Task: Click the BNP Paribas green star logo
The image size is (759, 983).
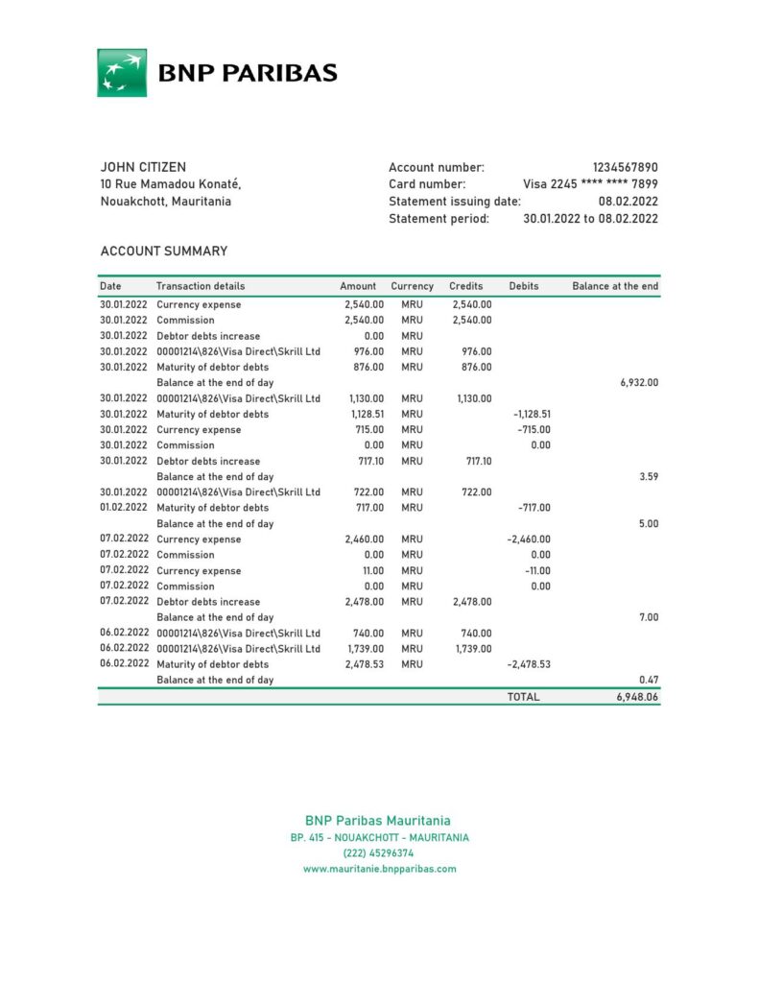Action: tap(122, 73)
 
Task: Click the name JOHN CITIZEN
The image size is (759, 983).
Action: tap(143, 167)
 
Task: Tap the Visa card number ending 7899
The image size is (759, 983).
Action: tap(590, 184)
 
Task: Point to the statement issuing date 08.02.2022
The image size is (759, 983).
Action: tap(628, 202)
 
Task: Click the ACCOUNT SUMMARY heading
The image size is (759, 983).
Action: tap(164, 252)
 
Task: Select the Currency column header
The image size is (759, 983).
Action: tap(412, 286)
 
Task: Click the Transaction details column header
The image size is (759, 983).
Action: tap(201, 286)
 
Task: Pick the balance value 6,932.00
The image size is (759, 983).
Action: tap(640, 382)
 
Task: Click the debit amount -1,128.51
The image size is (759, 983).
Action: tap(530, 414)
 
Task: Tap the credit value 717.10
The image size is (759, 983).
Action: tap(478, 461)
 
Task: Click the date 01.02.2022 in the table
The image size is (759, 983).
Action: tap(124, 508)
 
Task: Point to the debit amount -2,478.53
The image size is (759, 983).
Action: tap(528, 664)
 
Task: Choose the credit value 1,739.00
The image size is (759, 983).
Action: tap(471, 649)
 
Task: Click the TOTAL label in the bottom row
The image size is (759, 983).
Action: tap(523, 697)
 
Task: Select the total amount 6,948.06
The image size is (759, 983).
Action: tap(637, 697)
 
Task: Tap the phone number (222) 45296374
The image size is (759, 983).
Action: tap(379, 852)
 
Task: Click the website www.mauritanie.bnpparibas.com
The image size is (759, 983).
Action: tap(379, 869)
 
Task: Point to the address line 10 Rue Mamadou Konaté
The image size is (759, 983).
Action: tap(171, 184)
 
